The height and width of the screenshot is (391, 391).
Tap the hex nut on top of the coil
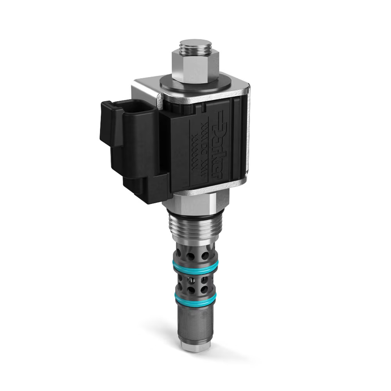click(194, 66)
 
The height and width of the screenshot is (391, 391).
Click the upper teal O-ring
click(195, 267)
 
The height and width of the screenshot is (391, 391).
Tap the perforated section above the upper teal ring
click(194, 254)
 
